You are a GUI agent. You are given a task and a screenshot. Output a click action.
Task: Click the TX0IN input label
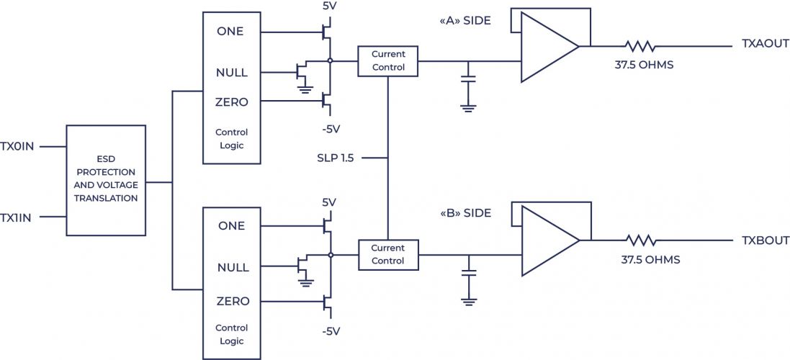(x=17, y=146)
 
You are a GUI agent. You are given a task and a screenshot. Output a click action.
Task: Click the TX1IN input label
(x=17, y=217)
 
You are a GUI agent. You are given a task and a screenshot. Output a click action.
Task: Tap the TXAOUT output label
(x=766, y=45)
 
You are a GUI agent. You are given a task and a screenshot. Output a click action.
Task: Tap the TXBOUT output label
(x=766, y=240)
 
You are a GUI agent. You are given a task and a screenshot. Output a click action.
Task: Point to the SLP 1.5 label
(x=335, y=158)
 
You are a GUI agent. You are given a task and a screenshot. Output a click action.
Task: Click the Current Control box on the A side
(x=388, y=60)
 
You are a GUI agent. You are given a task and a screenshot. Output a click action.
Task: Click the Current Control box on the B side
(x=388, y=254)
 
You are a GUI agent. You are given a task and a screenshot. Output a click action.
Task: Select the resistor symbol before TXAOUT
(x=640, y=46)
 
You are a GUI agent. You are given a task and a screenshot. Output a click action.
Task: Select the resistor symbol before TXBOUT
(x=640, y=240)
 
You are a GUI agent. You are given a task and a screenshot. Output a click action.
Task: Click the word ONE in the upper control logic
(x=230, y=32)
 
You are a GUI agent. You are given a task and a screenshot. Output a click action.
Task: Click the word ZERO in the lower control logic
(x=232, y=301)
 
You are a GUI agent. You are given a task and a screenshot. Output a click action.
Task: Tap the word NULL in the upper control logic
(x=232, y=73)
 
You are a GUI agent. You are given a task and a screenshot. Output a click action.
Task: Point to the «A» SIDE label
(x=465, y=21)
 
